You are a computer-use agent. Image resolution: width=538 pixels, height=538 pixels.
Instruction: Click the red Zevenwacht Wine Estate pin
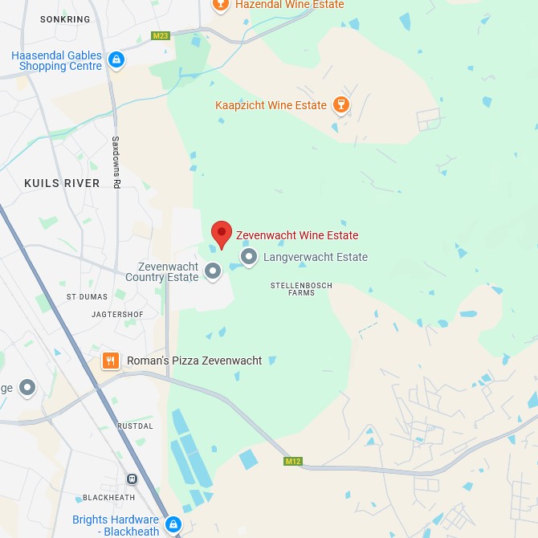coord(222,234)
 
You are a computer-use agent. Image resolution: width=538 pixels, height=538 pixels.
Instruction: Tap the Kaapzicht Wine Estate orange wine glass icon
coord(341,105)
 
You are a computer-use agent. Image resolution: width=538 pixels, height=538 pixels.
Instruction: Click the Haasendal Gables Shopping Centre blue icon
coord(116,59)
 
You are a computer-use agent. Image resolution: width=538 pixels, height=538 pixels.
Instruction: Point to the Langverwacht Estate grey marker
coord(249,257)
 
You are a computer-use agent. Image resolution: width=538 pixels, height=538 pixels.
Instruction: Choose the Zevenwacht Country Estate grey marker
coord(213,271)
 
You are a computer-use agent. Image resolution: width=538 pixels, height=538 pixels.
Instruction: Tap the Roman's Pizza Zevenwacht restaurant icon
coord(111,361)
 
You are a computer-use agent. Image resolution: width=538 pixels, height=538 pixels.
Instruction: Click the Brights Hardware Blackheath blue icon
coord(173,525)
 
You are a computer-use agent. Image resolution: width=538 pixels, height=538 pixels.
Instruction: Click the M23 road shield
coord(161,35)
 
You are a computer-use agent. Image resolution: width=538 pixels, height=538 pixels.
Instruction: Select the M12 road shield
coord(292,462)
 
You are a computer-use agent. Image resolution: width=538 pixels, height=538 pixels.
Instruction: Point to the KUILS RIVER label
coord(62,183)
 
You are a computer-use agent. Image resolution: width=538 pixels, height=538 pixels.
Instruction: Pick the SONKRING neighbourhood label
coord(66,18)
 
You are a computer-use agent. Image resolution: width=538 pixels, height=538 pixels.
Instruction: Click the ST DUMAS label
coord(87,296)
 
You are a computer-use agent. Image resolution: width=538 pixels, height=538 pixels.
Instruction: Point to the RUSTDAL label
coord(135,426)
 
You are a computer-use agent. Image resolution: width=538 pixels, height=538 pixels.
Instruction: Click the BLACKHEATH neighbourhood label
coord(110,498)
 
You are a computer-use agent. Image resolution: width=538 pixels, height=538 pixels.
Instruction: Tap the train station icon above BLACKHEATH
coord(132,479)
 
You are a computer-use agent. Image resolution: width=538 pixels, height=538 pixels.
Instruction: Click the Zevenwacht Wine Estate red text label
coord(297,235)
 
